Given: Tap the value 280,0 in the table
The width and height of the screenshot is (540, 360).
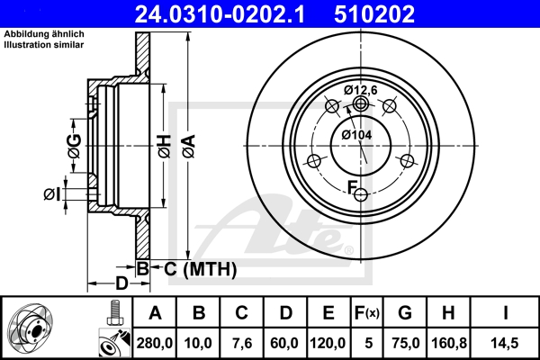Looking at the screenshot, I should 155,341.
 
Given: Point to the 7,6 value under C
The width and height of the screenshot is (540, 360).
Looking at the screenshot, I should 241,341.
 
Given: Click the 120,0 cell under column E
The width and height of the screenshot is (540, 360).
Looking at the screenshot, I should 328,341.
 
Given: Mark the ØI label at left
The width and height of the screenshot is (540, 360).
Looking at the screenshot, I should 51,193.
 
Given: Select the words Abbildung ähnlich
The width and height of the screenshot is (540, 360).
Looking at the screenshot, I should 44,33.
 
